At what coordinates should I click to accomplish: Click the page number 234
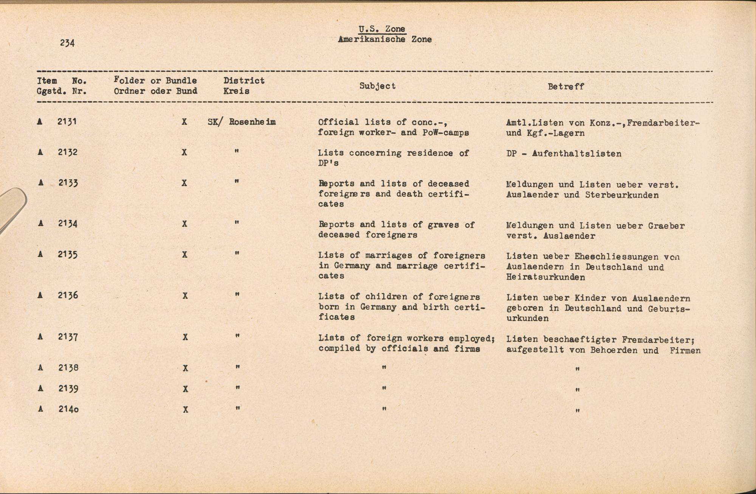click(x=67, y=43)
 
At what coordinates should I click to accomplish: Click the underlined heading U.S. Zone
click(x=382, y=29)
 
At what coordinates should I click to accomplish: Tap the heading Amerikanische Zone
click(x=385, y=39)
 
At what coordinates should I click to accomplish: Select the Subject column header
click(x=377, y=86)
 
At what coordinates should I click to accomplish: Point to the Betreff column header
click(x=566, y=87)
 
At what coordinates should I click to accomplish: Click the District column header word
click(x=244, y=81)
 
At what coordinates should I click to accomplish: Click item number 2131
click(x=67, y=122)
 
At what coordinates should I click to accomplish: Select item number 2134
click(x=68, y=224)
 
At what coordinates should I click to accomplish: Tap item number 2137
click(x=68, y=337)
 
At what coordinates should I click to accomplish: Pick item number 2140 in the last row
click(x=68, y=409)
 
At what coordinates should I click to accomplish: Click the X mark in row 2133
click(x=184, y=183)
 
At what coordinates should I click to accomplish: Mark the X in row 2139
click(x=185, y=389)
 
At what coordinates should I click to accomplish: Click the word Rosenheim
click(x=252, y=122)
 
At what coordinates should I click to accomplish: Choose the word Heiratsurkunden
click(x=546, y=277)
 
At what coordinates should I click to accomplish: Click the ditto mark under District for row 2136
click(x=237, y=295)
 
